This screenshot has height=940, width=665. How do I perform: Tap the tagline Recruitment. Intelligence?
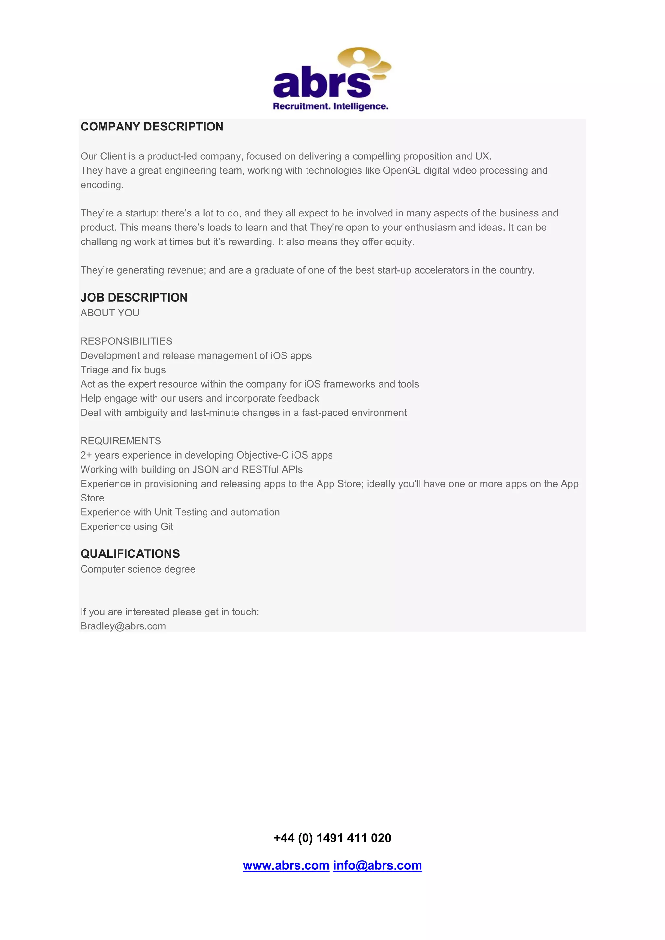(331, 107)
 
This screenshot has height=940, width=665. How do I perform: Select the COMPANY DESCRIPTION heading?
(152, 127)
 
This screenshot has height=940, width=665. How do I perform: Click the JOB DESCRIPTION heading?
(134, 298)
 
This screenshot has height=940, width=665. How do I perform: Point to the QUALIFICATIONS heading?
(130, 554)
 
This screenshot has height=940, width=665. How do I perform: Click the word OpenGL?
(401, 171)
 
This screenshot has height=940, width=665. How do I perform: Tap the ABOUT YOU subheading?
(110, 313)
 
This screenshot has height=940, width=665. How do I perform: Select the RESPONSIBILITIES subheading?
(126, 341)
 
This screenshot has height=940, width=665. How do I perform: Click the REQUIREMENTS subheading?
(121, 441)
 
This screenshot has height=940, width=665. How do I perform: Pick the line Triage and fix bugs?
(123, 370)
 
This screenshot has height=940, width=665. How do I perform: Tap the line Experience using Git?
(127, 526)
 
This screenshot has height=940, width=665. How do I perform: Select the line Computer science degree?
(138, 570)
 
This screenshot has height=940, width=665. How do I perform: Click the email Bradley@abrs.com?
(123, 626)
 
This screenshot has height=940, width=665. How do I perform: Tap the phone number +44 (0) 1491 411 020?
(332, 838)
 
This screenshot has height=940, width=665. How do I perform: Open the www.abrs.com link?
(286, 865)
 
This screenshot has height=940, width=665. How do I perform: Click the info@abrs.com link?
(377, 865)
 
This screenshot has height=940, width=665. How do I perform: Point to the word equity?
(400, 242)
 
